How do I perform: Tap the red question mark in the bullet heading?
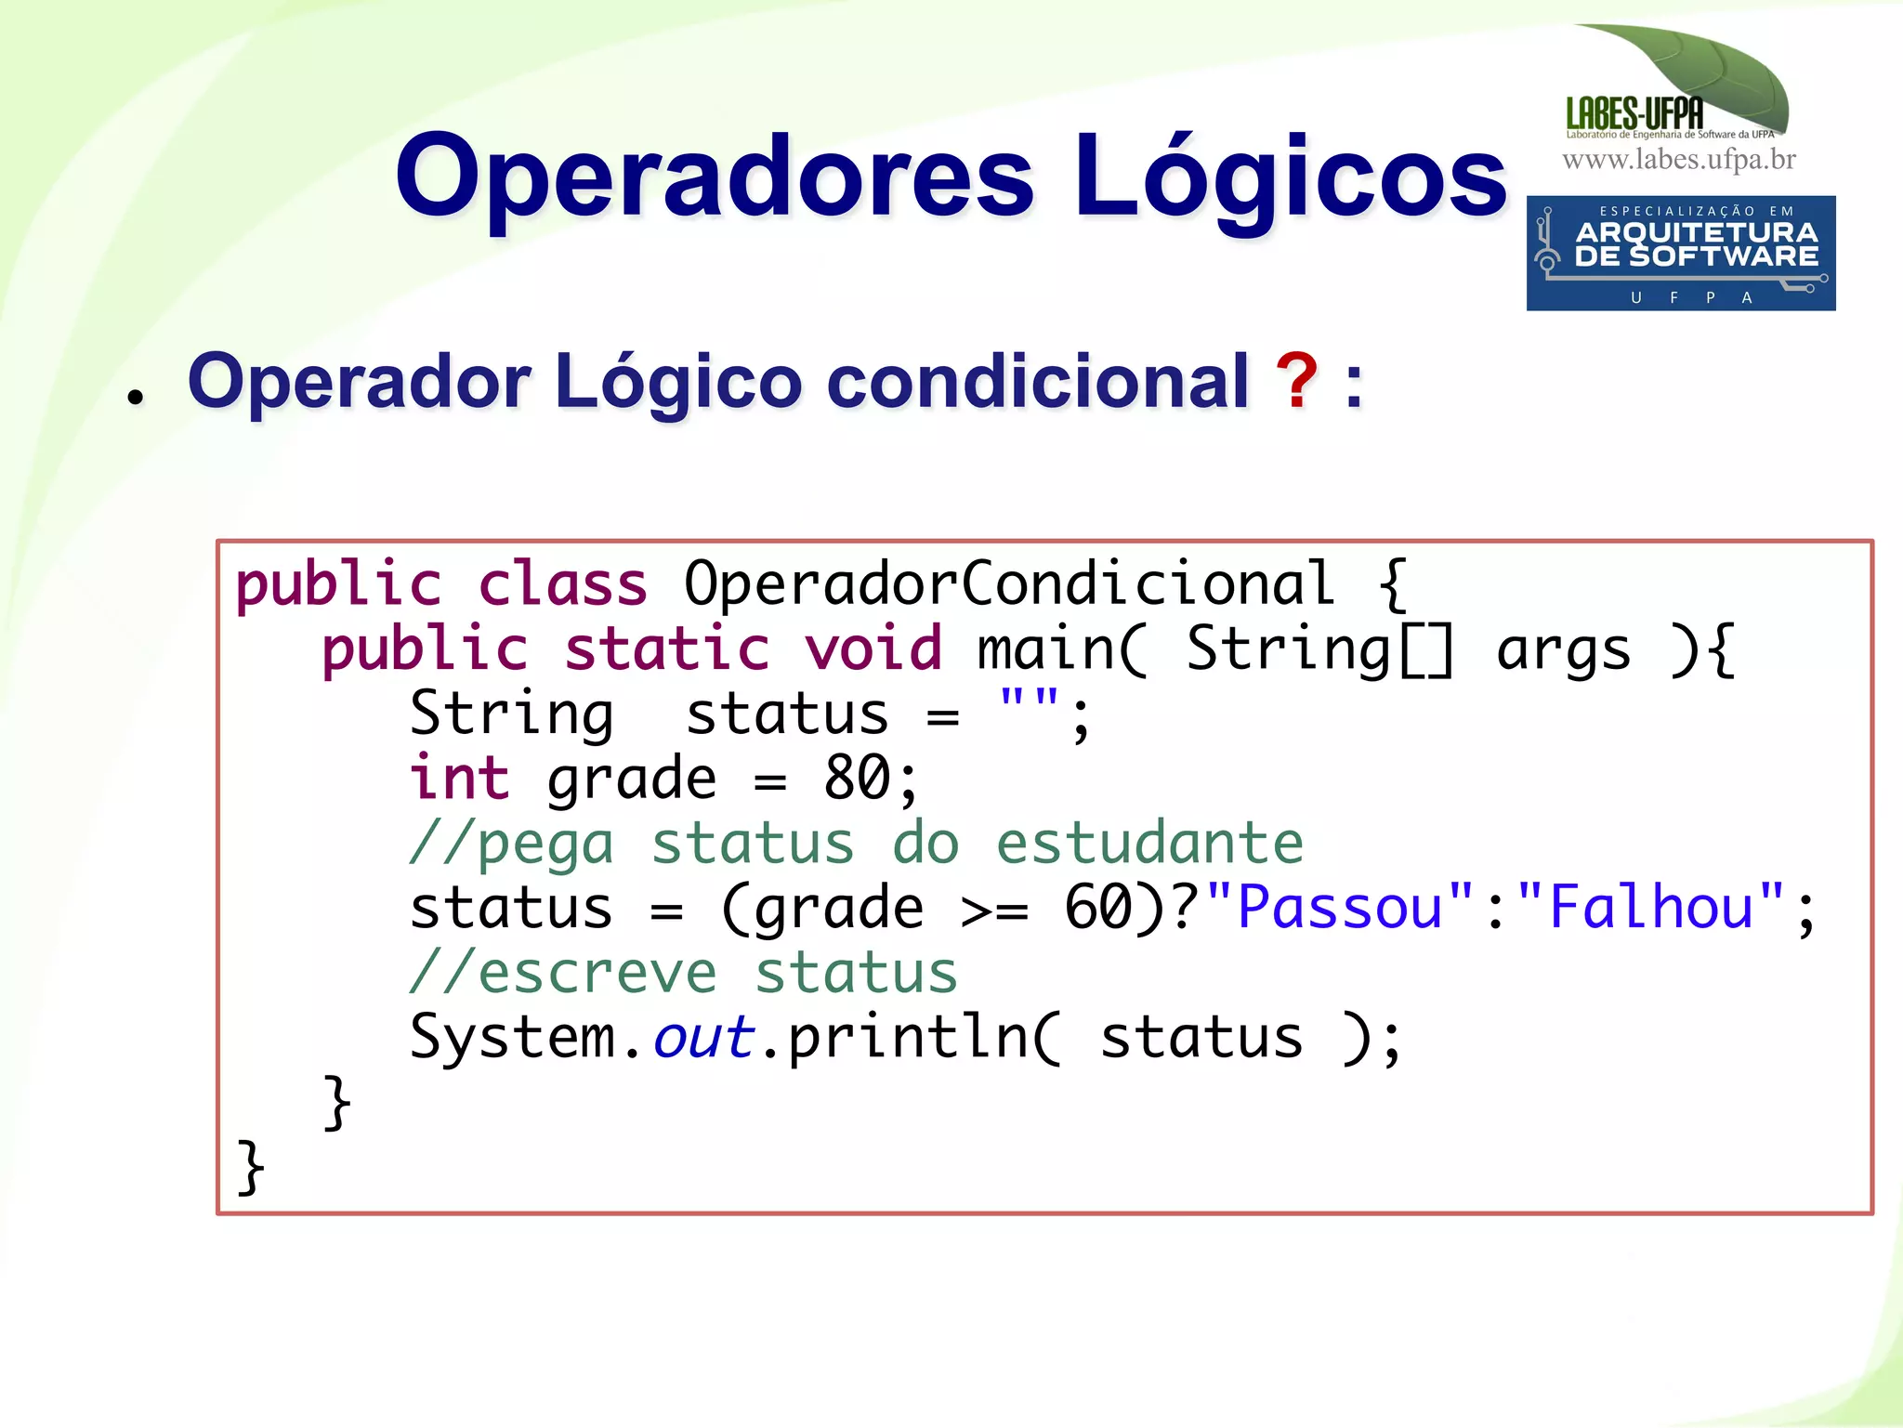(1296, 381)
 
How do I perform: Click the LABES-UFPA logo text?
(1634, 114)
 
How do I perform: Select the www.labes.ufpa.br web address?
(1678, 160)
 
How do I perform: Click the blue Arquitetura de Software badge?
(1680, 253)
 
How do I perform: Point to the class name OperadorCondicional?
(1008, 583)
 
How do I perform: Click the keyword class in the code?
(562, 583)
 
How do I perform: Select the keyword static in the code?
(667, 648)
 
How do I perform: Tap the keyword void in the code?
(873, 648)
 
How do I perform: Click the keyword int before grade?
(459, 778)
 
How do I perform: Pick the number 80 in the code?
(858, 778)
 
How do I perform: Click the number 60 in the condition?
(1098, 907)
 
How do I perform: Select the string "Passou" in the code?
(1340, 907)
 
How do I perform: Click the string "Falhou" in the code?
(1651, 907)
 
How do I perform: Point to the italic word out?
(702, 1037)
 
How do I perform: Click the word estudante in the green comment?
(1149, 843)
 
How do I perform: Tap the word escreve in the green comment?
(597, 973)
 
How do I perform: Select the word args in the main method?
(1563, 648)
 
